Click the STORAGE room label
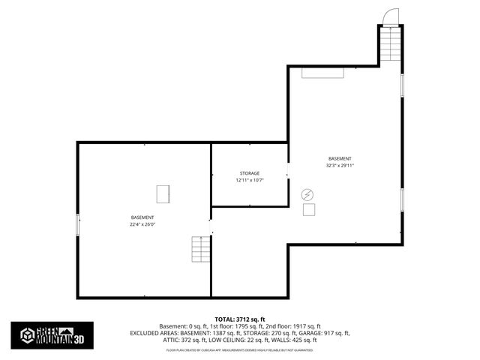[250, 173]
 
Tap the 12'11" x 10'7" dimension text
[250, 181]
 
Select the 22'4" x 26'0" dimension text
[142, 224]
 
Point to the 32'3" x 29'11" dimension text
[340, 166]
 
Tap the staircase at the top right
[391, 44]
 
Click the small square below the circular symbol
[309, 210]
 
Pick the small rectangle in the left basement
[163, 193]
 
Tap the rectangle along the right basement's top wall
[323, 73]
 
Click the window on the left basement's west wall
[77, 225]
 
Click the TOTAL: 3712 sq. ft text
[240, 319]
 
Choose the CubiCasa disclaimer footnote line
[240, 350]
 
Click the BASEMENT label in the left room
[142, 217]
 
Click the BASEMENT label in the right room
[340, 158]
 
